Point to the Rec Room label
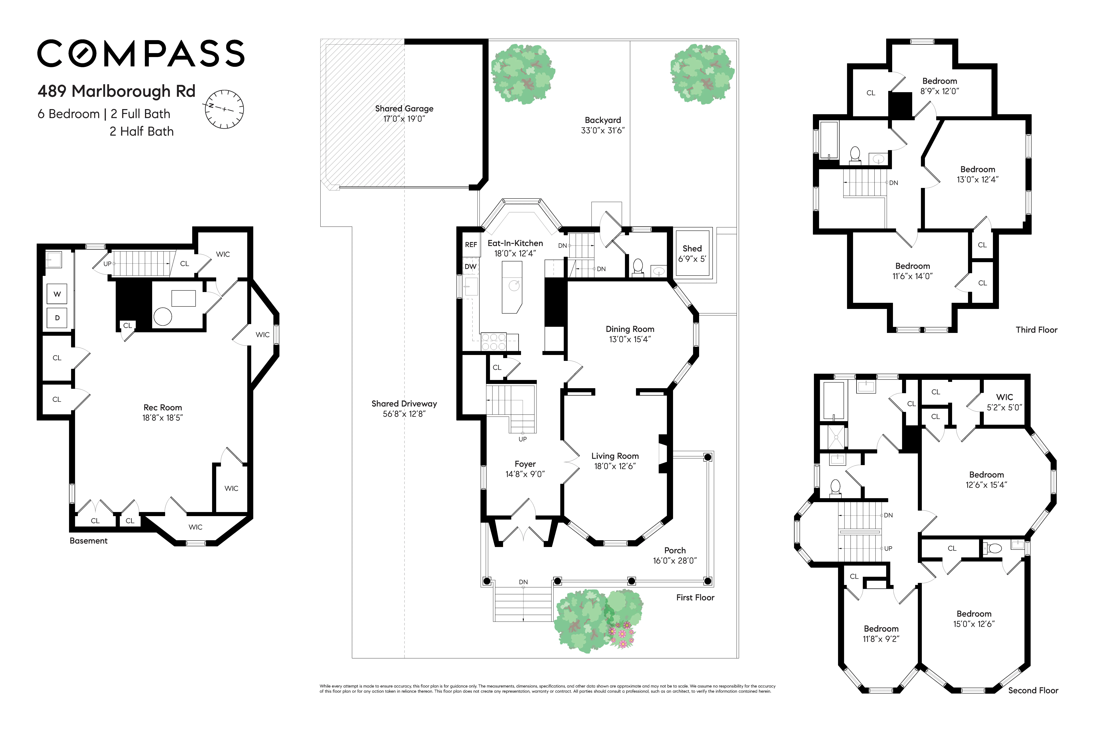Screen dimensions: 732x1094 coord(163,408)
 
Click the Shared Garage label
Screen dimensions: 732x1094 coord(404,108)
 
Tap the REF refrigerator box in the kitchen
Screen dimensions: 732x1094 coord(471,245)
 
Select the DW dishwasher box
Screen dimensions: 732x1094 coord(470,267)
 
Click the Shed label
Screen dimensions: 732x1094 coord(692,248)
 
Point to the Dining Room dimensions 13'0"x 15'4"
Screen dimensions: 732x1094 coord(630,339)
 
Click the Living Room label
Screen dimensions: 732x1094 coord(615,456)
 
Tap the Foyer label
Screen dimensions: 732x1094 coord(525,464)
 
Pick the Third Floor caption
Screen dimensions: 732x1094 coord(1036,330)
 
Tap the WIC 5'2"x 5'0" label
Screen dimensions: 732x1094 coord(1004,402)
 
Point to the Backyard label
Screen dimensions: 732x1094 coord(603,120)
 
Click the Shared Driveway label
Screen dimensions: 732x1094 coord(404,404)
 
